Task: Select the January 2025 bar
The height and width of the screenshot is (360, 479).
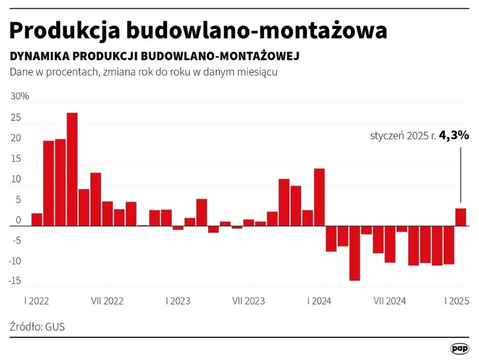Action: [x=461, y=217]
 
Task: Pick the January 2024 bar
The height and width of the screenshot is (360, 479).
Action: [x=319, y=197]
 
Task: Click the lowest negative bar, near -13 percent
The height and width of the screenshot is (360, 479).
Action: [x=355, y=253]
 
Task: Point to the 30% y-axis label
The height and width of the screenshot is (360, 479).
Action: [x=19, y=97]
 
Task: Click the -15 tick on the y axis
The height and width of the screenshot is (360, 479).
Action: [x=15, y=281]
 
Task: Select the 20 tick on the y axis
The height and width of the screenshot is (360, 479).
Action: [x=16, y=139]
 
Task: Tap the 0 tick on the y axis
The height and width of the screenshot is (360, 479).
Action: [x=18, y=221]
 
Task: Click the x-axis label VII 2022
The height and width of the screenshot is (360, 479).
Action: [x=107, y=301]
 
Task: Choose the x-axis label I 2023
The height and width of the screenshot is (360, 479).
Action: [x=178, y=301]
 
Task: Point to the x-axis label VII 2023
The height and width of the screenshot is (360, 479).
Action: [x=248, y=301]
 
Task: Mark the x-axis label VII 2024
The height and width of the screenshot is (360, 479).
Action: [x=389, y=301]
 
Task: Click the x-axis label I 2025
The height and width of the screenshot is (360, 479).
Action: [x=456, y=301]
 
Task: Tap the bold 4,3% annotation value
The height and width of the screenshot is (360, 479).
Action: [x=454, y=136]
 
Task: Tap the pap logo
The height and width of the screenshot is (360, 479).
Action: [x=459, y=348]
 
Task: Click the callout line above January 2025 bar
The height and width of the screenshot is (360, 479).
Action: [x=461, y=175]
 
